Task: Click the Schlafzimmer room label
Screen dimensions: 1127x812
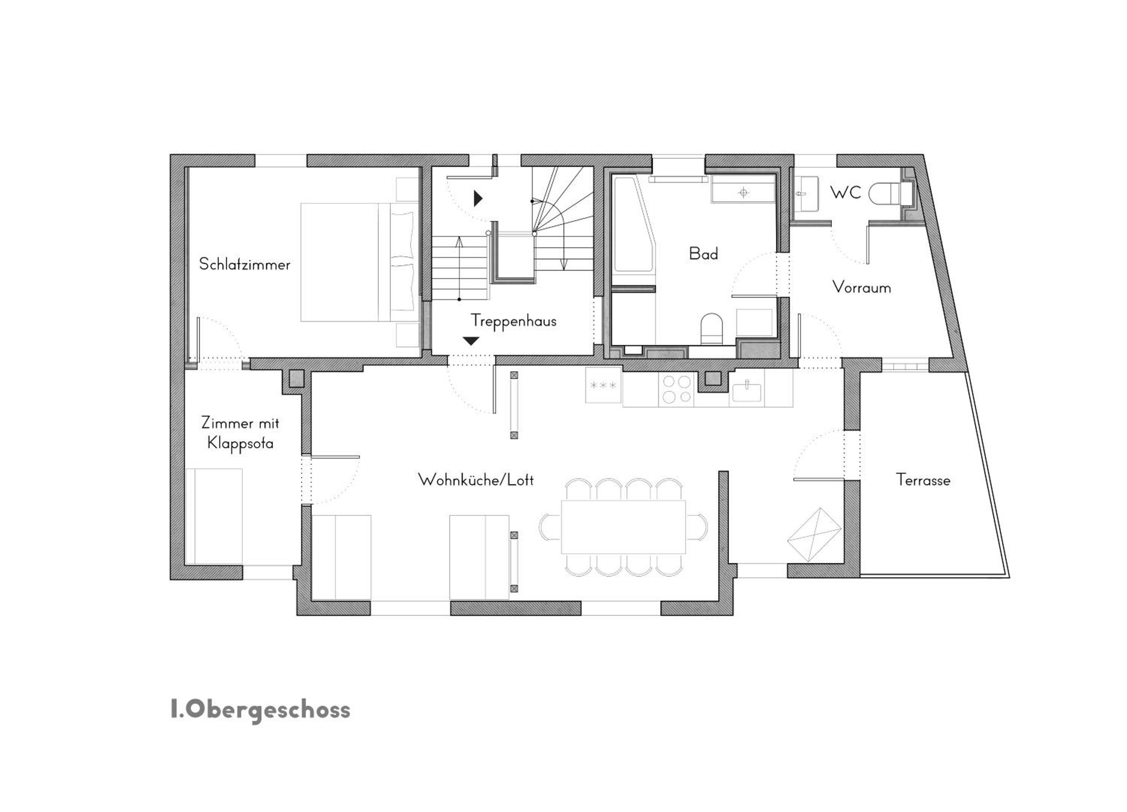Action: [x=245, y=264]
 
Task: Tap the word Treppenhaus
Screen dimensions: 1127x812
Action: [x=513, y=321]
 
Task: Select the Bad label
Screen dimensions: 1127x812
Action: [x=703, y=254]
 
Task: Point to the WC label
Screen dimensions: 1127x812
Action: [x=845, y=192]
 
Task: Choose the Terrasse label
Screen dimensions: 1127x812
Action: [x=923, y=480]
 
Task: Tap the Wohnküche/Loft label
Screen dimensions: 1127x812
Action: [x=476, y=480]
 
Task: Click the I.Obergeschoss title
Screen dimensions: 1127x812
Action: [x=260, y=710]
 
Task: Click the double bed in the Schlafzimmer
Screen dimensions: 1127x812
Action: [x=359, y=262]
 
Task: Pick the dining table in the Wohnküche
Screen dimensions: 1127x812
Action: [x=623, y=527]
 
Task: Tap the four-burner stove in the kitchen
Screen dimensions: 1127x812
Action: [x=677, y=389]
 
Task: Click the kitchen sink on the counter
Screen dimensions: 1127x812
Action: [x=746, y=390]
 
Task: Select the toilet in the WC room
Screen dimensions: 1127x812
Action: [x=888, y=194]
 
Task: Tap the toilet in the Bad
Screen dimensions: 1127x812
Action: [x=712, y=329]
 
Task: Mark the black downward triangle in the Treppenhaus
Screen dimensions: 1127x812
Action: [x=471, y=341]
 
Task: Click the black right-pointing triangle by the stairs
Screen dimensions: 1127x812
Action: [x=478, y=198]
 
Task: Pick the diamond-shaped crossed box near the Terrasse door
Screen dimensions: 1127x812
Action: [x=814, y=535]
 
